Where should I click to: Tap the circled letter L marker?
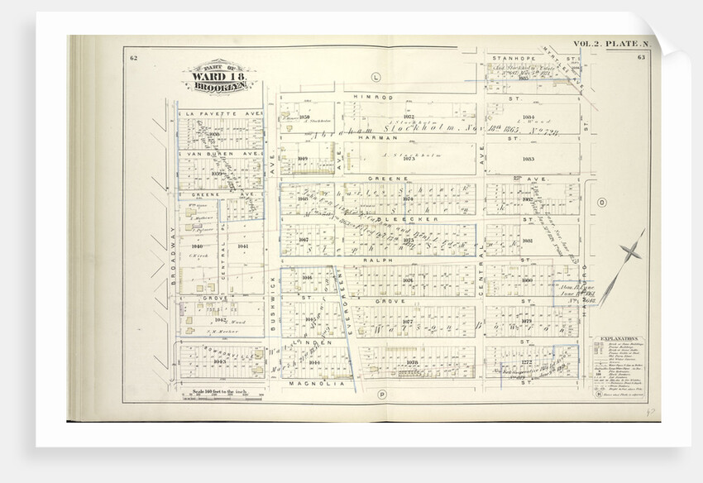click(x=375, y=77)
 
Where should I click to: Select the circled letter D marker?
click(x=601, y=202)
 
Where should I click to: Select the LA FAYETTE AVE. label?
click(x=222, y=112)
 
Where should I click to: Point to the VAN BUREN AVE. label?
click(x=222, y=154)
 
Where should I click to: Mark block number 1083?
click(x=528, y=158)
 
